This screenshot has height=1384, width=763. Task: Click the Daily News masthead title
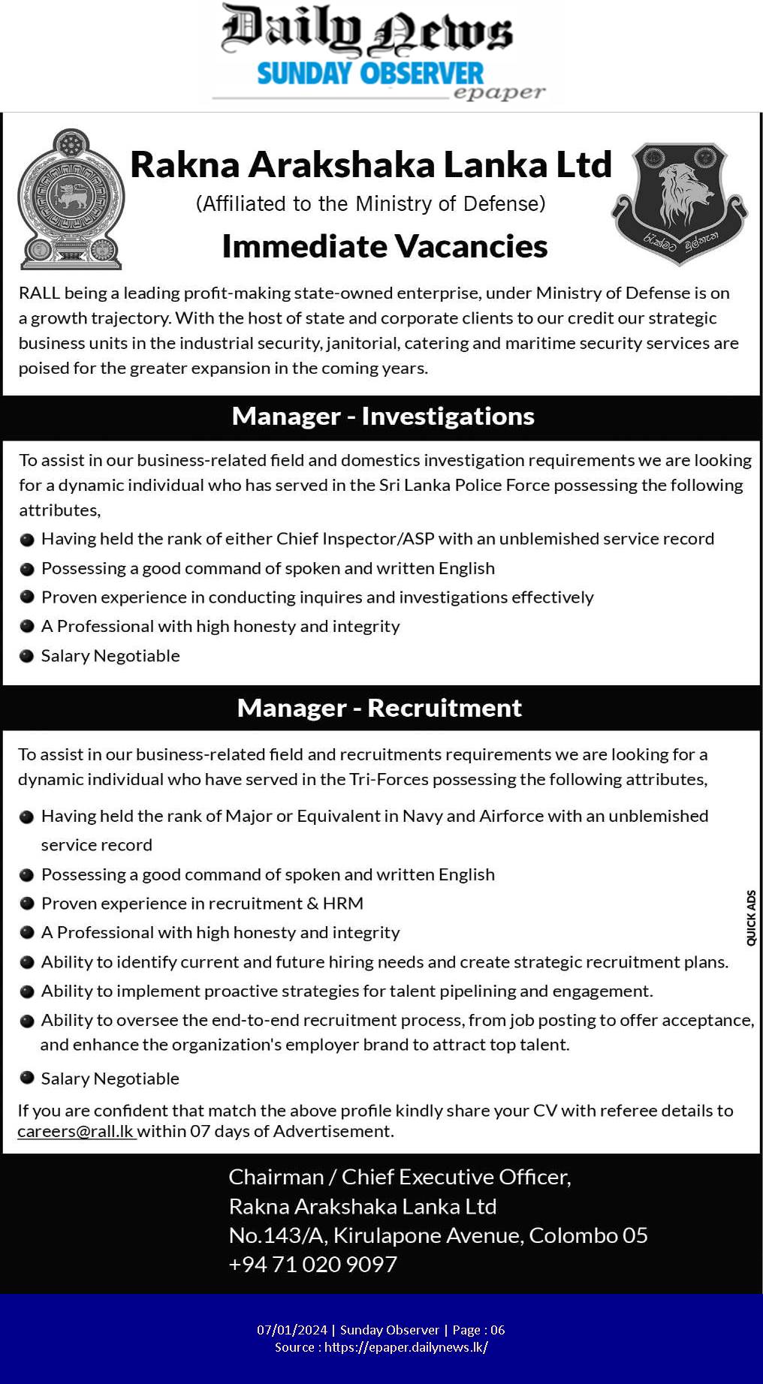pos(366,32)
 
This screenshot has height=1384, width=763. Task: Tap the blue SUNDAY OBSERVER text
pos(370,74)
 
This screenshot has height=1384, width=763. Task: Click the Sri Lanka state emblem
pos(71,200)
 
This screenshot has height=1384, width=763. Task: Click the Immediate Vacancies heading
pos(385,246)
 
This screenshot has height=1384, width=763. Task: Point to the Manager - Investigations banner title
pos(383,416)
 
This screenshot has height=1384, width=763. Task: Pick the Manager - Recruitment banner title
pos(379,708)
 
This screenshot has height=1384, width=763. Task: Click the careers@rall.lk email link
pos(75,1131)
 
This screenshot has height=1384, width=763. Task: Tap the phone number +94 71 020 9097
pos(312,1265)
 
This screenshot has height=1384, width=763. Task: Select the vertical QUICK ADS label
pos(751,917)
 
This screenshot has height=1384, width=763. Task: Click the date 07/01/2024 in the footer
pos(291,1330)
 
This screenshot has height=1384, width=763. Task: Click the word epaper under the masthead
pos(499,93)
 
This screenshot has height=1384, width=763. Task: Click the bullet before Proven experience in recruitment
pos(27,904)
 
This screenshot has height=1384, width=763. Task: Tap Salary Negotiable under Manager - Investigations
pos(110,656)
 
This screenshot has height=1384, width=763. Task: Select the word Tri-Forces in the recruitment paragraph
pos(388,779)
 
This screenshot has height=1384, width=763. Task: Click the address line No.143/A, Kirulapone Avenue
pos(438,1235)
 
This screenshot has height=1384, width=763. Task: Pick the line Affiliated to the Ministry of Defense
pos(370,203)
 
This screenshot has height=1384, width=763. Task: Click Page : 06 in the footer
pos(478,1330)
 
